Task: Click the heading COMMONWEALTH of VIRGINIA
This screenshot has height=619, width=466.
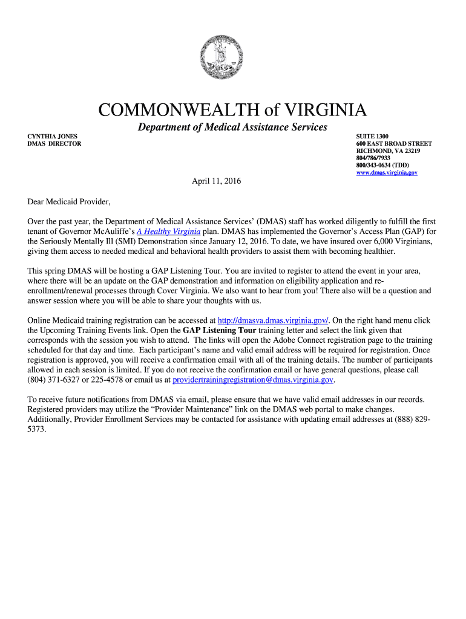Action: tap(232, 111)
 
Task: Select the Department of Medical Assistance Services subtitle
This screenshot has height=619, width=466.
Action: tap(232, 127)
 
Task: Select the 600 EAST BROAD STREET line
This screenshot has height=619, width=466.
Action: tap(394, 144)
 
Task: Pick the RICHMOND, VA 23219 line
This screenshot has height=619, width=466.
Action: tap(388, 151)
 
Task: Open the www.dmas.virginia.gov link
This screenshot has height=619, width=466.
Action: tap(387, 173)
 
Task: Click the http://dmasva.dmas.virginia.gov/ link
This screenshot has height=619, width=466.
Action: tap(272, 320)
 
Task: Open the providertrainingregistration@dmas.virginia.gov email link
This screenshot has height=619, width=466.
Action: tap(253, 380)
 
